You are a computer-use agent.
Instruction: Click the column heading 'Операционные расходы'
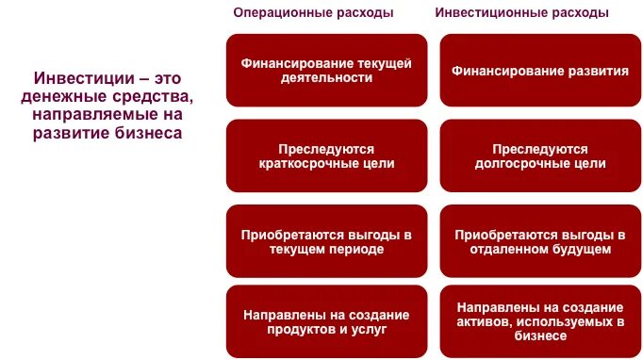(x=313, y=13)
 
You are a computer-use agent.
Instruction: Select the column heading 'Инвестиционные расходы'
(x=521, y=13)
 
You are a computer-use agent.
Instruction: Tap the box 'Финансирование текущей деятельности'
(x=326, y=71)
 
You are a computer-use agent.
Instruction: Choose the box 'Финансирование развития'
(x=540, y=71)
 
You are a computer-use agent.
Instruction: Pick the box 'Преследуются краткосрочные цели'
(x=326, y=156)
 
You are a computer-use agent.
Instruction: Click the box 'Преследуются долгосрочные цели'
(x=540, y=156)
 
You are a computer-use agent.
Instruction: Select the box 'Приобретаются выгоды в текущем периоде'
(x=326, y=241)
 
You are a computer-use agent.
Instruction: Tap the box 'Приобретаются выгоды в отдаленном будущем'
(x=540, y=241)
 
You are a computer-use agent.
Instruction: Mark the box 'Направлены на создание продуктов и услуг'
(x=326, y=322)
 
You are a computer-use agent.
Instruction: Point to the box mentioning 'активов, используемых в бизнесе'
(x=540, y=322)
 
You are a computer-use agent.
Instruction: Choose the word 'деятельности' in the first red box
(x=326, y=79)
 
